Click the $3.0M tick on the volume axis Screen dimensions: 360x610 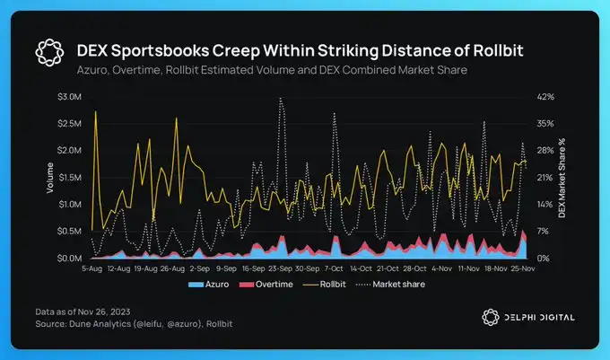pyautogui.click(x=69, y=96)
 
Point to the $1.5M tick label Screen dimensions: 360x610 pyautogui.click(x=69, y=177)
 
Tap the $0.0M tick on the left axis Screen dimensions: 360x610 pyautogui.click(x=69, y=259)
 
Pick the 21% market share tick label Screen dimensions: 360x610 pyautogui.click(x=545, y=177)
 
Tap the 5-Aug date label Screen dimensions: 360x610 pyautogui.click(x=93, y=268)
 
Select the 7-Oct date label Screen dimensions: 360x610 pyautogui.click(x=334, y=268)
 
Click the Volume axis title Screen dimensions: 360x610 pyautogui.click(x=50, y=177)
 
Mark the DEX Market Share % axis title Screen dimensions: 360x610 pyautogui.click(x=562, y=178)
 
